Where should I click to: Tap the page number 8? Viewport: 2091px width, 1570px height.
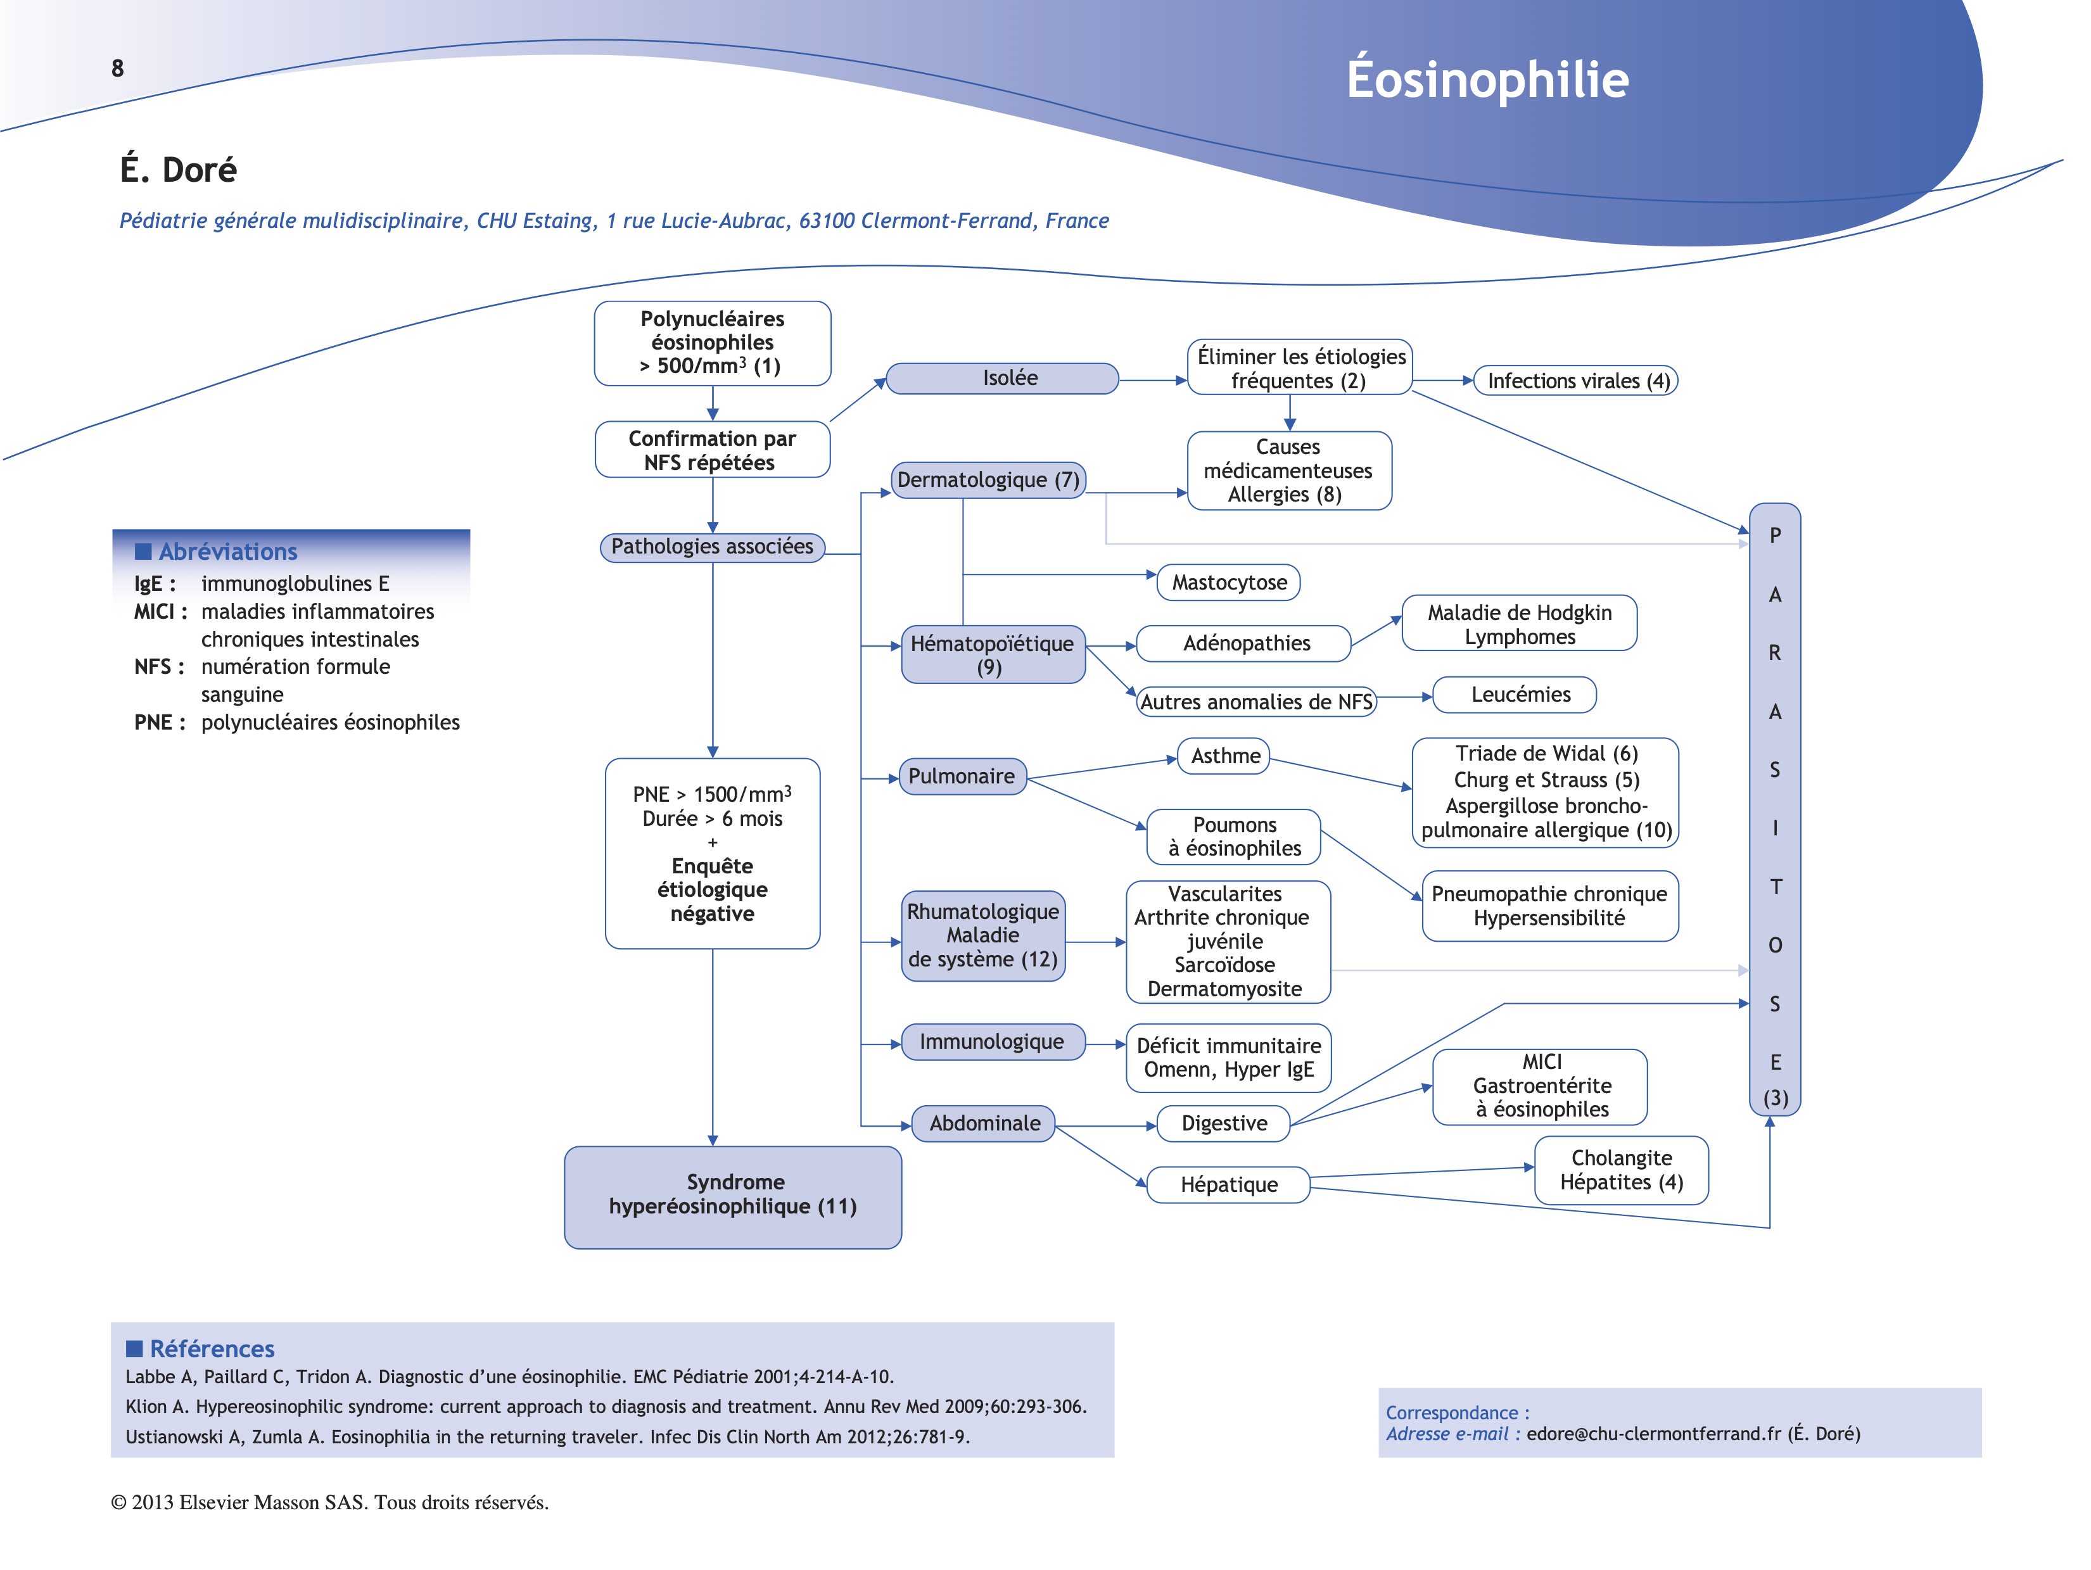coord(117,68)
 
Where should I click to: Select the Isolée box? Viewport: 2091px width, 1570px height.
coord(1002,378)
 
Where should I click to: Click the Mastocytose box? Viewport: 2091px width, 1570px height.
coord(1228,582)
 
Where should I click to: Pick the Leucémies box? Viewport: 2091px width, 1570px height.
coord(1515,695)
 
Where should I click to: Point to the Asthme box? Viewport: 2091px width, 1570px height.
coord(1224,756)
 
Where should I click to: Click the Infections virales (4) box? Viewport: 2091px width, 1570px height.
coord(1576,381)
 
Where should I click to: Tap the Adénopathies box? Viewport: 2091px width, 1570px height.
coord(1244,643)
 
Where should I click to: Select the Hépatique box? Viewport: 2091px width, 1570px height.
coord(1228,1184)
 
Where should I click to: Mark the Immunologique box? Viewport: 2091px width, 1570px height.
coord(991,1042)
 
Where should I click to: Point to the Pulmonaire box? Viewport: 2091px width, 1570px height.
coord(962,776)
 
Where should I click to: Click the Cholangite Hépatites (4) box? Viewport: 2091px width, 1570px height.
coord(1621,1170)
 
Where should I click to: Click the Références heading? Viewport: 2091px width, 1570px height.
coord(212,1349)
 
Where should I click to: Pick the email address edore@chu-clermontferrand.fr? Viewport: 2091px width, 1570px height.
coord(1651,1434)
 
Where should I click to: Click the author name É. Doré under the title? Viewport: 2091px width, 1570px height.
coord(178,170)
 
